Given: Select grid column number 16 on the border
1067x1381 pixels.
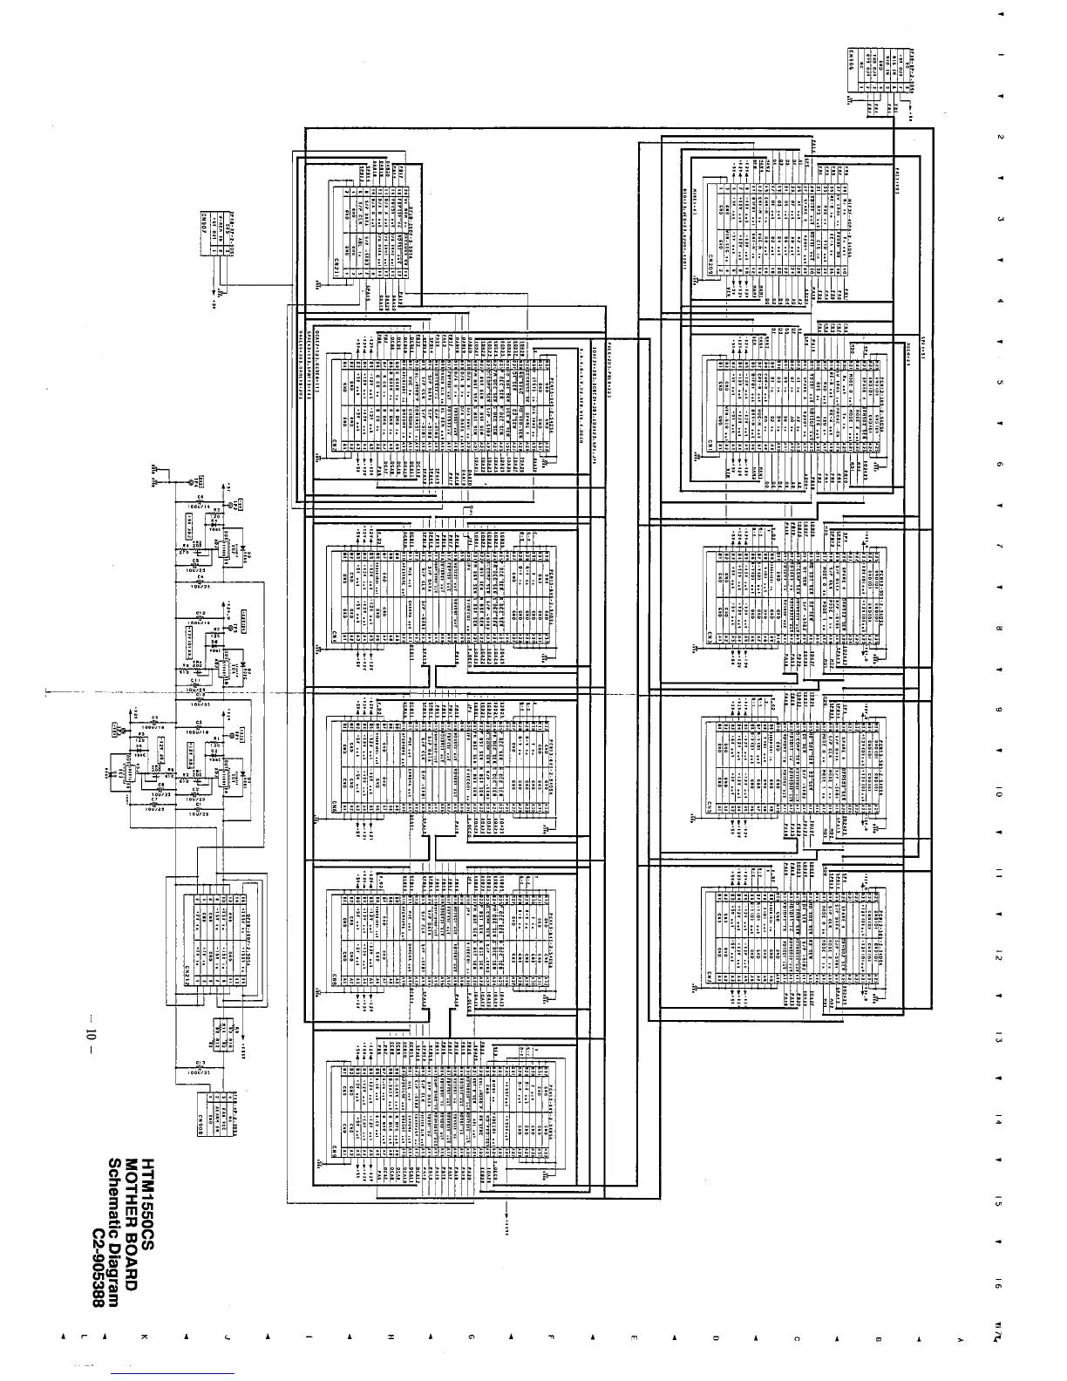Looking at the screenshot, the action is pos(997,1285).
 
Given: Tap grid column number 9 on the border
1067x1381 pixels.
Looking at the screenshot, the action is pos(997,708).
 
